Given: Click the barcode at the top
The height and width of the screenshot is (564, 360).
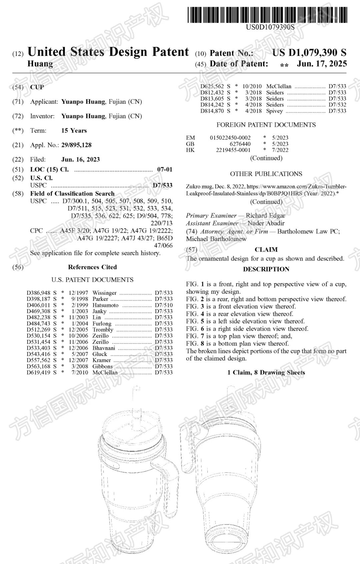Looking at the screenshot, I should (267, 15).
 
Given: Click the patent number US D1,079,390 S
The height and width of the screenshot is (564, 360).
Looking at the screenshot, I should (309, 53).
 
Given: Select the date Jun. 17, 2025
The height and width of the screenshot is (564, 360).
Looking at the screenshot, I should (322, 64).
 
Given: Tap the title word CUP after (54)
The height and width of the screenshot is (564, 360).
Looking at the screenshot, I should (37, 87).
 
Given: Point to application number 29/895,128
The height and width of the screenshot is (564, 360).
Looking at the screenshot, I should (76, 145).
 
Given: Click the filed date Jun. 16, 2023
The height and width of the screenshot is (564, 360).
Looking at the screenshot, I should (80, 159).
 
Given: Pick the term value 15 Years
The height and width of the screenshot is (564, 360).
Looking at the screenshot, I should (74, 130).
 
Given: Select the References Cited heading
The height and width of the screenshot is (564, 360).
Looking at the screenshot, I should (92, 267).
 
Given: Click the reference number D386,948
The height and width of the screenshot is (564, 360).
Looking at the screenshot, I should (39, 293).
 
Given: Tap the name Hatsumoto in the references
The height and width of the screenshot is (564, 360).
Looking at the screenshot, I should (105, 305).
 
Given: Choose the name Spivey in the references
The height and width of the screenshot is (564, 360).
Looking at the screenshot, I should (274, 111).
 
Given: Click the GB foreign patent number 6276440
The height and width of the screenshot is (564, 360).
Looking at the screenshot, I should (240, 144).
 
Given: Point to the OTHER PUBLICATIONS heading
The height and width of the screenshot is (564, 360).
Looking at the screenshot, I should (266, 174).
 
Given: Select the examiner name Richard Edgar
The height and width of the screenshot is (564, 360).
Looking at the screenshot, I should (265, 215).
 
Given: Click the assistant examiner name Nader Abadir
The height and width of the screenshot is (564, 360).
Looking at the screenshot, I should (266, 223).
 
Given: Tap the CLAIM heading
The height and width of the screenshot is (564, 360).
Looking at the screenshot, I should (266, 250).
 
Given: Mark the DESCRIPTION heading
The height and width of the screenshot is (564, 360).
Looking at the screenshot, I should (266, 269).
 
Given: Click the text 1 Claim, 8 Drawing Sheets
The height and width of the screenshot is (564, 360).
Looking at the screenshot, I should (266, 372).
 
